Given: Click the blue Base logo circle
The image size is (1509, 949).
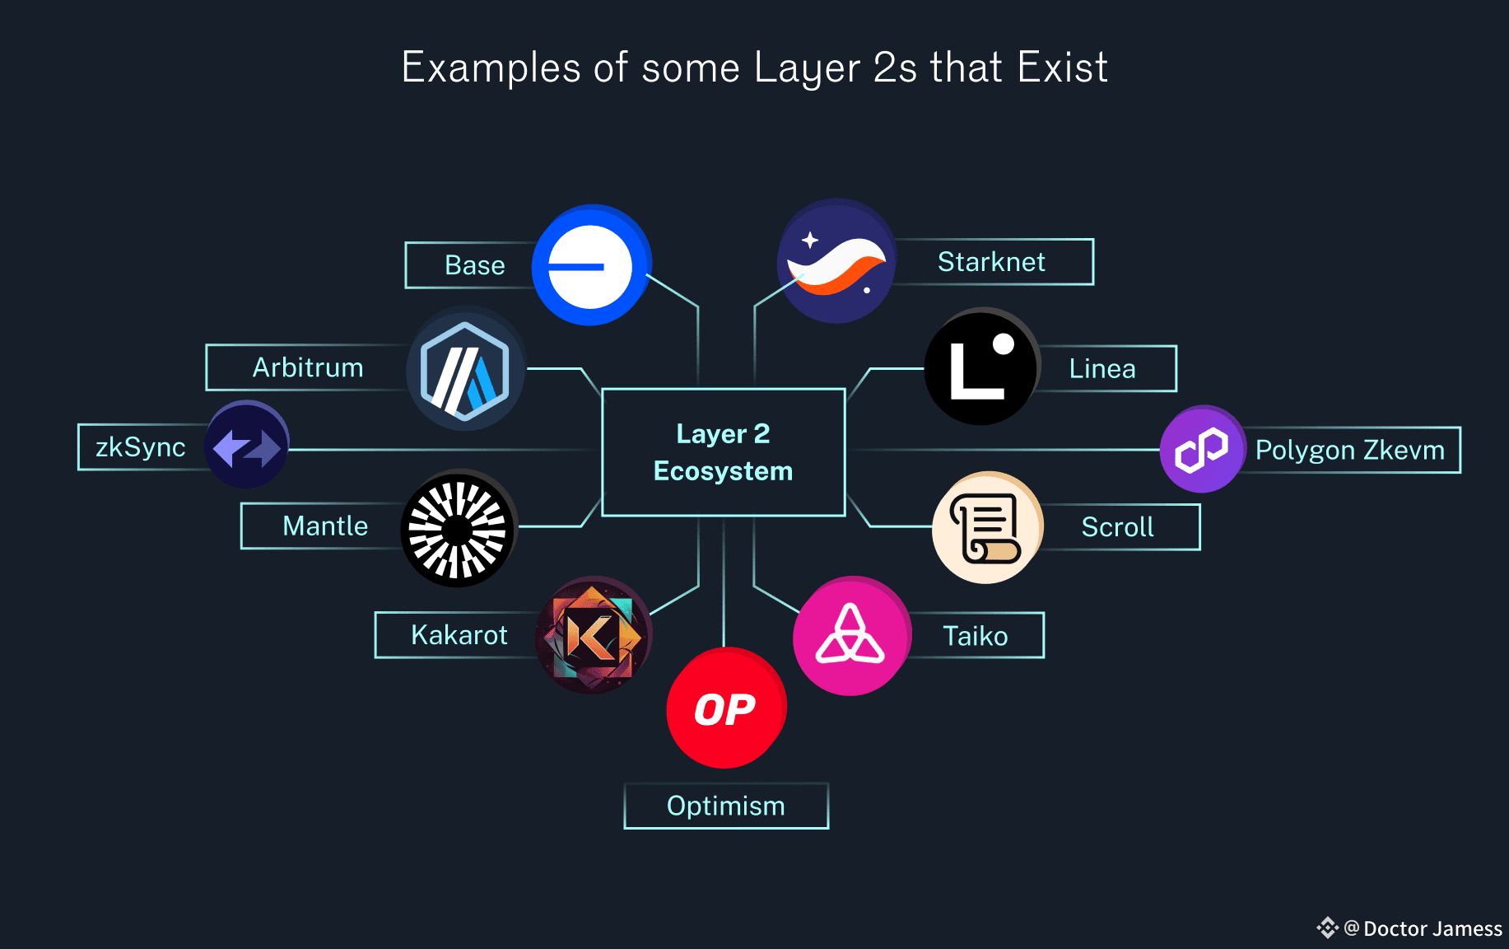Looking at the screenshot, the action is pyautogui.click(x=591, y=265).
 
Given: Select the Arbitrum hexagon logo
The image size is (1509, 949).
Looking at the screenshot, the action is pyautogui.click(x=465, y=369).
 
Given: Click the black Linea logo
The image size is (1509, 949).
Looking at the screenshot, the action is pyautogui.click(x=981, y=367).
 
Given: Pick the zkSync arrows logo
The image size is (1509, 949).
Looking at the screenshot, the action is pyautogui.click(x=247, y=446).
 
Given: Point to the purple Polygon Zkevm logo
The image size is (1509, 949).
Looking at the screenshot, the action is pyautogui.click(x=1202, y=450).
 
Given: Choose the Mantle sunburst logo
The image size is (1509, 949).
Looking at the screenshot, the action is pyautogui.click(x=458, y=529).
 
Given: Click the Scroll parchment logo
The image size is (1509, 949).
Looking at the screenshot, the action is pyautogui.click(x=987, y=528).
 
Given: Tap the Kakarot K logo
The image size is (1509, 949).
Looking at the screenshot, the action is pyautogui.click(x=593, y=635).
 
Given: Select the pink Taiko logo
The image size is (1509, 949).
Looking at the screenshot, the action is pyautogui.click(x=851, y=636).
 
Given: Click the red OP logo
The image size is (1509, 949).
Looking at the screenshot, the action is pyautogui.click(x=725, y=708).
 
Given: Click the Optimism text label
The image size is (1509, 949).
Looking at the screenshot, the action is pyautogui.click(x=726, y=806).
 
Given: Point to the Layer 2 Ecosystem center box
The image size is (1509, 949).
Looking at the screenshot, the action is pyautogui.click(x=724, y=452).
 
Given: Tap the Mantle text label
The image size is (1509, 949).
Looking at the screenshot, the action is pyautogui.click(x=325, y=526).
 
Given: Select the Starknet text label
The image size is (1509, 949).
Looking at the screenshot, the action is pyautogui.click(x=991, y=262).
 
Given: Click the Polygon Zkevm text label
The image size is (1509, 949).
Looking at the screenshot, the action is pyautogui.click(x=1350, y=451).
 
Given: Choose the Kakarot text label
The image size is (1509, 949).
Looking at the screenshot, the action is pyautogui.click(x=459, y=635).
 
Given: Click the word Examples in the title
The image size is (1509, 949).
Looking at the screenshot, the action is pyautogui.click(x=491, y=68).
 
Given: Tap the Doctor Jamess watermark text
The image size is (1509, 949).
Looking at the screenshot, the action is pyautogui.click(x=1432, y=929).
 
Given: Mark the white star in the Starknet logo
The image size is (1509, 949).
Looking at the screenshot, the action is pyautogui.click(x=810, y=240).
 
